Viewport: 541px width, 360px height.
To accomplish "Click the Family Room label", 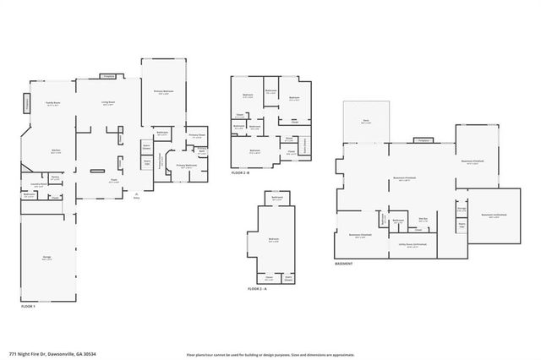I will pyautogui.click(x=52, y=103).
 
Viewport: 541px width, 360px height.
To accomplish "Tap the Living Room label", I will pyautogui.click(x=108, y=103).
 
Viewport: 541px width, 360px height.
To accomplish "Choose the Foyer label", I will pyautogui.click(x=112, y=179).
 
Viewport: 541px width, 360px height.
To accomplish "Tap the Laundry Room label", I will pyautogui.click(x=38, y=183).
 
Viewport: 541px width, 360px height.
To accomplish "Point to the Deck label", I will pyautogui.click(x=366, y=121).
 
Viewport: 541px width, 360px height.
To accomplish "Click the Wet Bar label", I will pyautogui.click(x=424, y=218).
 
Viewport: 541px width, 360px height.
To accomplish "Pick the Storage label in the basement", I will pyautogui.click(x=462, y=209).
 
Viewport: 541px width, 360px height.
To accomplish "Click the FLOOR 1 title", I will pyautogui.click(x=28, y=306).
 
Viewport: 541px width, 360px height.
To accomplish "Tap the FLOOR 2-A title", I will pyautogui.click(x=257, y=289).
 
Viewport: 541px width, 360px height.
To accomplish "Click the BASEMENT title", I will pyautogui.click(x=343, y=264).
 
